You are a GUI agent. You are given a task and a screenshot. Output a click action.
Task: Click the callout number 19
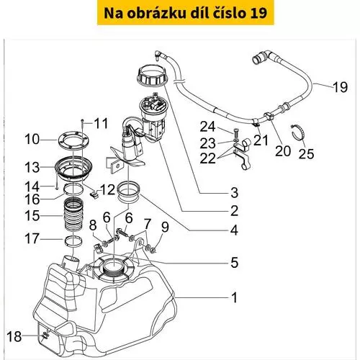[x=340, y=87]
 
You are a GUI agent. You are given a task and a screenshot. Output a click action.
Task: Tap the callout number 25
[x=306, y=153]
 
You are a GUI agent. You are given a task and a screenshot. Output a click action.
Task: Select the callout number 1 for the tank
[x=234, y=297]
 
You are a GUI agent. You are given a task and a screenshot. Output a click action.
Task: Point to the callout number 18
[x=14, y=336]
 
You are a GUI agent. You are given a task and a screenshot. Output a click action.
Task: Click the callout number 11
[x=101, y=123]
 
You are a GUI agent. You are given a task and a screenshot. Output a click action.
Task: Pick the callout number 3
[x=235, y=192]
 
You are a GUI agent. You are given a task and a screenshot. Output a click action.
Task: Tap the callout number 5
[x=235, y=262]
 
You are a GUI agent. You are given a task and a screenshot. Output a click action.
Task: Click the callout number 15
[x=32, y=215]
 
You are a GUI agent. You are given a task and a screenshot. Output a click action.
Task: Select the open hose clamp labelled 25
[x=298, y=133]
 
